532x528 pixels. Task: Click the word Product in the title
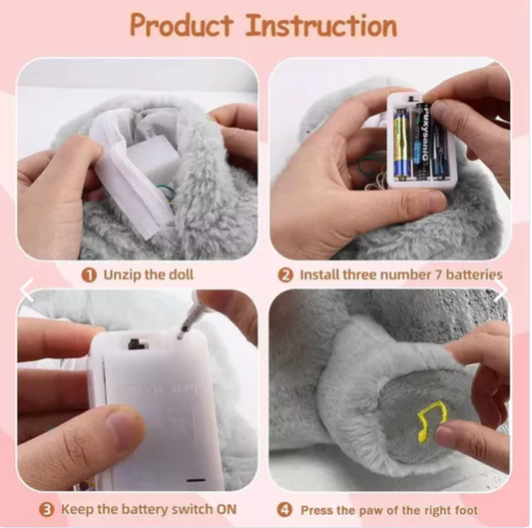(x=183, y=25)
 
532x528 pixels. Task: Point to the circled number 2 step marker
(x=284, y=273)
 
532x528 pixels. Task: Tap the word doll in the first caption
(x=206, y=273)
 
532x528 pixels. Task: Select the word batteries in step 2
(x=470, y=273)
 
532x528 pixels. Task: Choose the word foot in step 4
(x=489, y=510)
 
